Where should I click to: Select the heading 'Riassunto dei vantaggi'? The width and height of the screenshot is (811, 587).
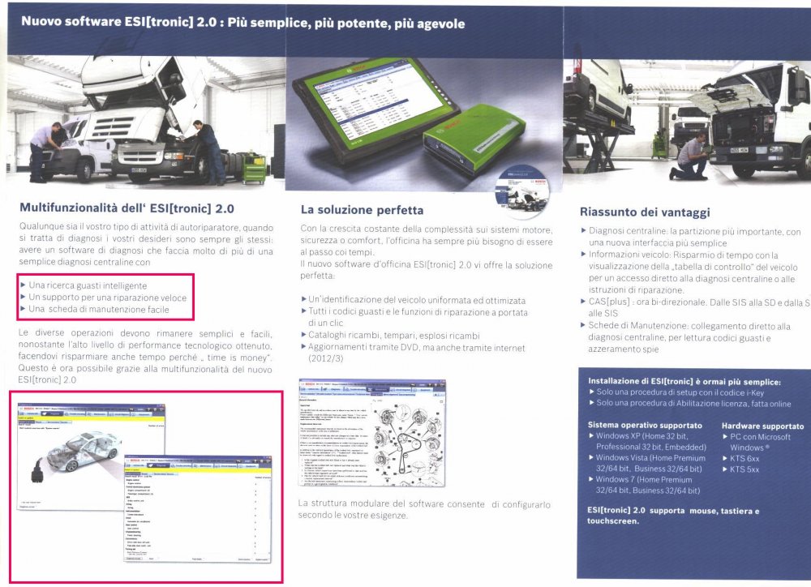click(x=646, y=212)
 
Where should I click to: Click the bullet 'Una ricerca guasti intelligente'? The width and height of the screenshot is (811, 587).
click(x=88, y=285)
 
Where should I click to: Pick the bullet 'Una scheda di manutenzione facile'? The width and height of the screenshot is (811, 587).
click(x=98, y=309)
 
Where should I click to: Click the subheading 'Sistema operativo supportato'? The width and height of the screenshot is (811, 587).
click(x=644, y=426)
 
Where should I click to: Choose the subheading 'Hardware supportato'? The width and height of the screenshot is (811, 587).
click(x=762, y=426)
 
